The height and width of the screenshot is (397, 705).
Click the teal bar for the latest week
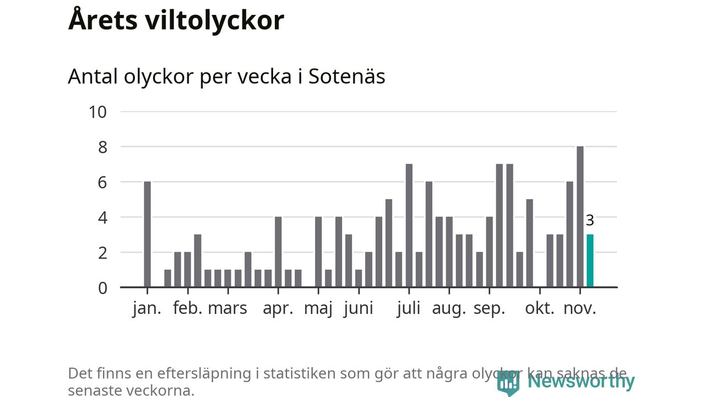tap(590, 261)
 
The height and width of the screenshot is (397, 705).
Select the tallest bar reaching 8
tap(580, 217)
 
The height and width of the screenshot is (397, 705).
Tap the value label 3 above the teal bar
tap(590, 221)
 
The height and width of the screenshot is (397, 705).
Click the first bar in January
tap(147, 234)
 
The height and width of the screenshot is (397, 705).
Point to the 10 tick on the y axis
tap(97, 112)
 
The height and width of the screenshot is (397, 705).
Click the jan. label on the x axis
tap(147, 308)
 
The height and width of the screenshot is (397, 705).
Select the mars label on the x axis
tap(227, 308)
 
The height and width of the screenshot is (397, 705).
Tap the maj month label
tap(318, 308)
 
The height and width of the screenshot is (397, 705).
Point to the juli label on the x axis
tap(409, 308)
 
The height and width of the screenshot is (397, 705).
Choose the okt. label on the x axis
tap(540, 308)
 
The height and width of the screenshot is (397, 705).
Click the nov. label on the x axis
tap(580, 308)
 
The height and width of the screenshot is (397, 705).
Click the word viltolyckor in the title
tap(215, 20)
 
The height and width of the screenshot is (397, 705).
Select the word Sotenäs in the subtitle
tap(346, 77)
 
